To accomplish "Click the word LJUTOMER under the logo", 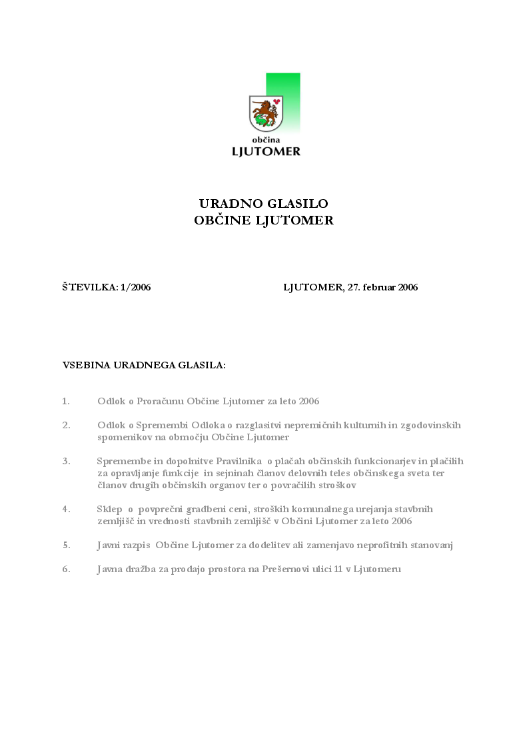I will [266, 151].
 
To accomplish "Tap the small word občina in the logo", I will [265, 139].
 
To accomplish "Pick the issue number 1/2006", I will [136, 288].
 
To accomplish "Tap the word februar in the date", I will [378, 288].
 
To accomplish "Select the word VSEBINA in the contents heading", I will [85, 366].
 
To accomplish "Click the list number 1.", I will [65, 402].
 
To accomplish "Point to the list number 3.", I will [66, 461].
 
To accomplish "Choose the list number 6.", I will [66, 569].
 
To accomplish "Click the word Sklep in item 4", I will [110, 509].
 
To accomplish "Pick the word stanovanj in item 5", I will [431, 546].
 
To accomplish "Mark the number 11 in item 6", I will [339, 569].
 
